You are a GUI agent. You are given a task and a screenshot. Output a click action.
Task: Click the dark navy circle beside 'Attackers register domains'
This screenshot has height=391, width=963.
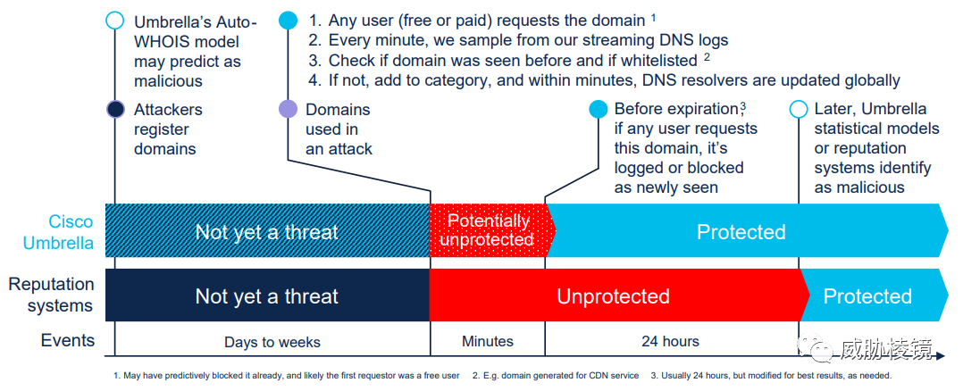(115, 109)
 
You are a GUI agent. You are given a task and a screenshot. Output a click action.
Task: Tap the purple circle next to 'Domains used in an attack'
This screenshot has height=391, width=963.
(288, 109)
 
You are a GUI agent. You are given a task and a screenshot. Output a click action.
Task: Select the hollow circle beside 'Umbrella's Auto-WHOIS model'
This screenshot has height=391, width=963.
(115, 21)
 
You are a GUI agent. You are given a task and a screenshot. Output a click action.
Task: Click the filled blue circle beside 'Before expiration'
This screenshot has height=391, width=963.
(598, 109)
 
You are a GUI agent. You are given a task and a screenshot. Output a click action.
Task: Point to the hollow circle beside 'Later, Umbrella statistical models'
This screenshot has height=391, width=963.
(799, 109)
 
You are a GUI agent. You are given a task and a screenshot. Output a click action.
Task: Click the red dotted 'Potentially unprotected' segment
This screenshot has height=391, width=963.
(490, 230)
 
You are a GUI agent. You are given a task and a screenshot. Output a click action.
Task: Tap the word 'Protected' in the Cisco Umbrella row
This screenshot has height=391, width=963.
(741, 231)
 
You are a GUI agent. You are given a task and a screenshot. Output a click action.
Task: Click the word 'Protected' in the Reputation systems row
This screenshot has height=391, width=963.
(867, 295)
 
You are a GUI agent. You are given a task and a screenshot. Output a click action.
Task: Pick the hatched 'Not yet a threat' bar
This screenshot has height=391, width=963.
(267, 230)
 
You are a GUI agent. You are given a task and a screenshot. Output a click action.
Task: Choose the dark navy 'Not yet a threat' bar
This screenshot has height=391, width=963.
(267, 295)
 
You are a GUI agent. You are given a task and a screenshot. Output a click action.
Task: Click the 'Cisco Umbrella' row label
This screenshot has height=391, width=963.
(58, 232)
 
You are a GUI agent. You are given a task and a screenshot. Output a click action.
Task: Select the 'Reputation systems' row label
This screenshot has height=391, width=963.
(51, 295)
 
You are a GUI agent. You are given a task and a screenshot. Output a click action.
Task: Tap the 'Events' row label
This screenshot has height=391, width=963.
(68, 340)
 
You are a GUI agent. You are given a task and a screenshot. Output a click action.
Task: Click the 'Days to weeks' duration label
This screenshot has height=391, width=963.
(272, 342)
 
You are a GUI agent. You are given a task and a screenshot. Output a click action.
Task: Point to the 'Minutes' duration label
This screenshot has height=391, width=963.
(488, 341)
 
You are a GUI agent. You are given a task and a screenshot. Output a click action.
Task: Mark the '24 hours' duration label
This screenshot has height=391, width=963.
(670, 341)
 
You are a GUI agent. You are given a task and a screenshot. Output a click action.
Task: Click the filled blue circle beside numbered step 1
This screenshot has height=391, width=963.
(288, 21)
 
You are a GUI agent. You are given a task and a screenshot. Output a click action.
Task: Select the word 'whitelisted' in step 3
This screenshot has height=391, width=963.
(659, 60)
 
